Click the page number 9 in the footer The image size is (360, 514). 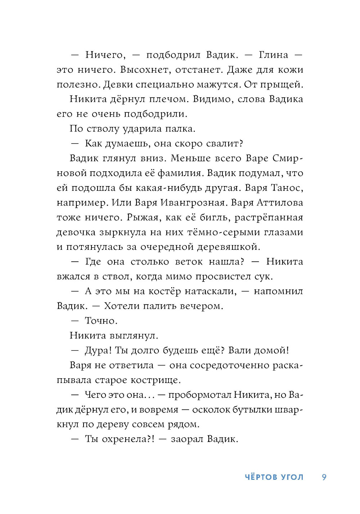pos(324,477)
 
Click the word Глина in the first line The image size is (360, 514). pos(274,55)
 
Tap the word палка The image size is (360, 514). pos(180,129)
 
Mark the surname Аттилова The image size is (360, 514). pos(280,203)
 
